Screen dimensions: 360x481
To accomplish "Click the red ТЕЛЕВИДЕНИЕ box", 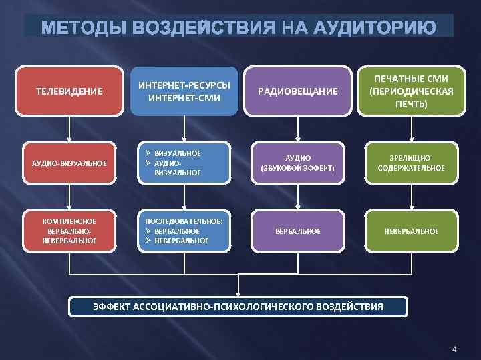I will [x=69, y=91].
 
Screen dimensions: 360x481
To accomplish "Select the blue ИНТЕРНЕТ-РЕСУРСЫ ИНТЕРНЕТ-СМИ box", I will [x=184, y=91].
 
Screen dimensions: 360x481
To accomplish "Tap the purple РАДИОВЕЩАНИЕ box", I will [x=298, y=91].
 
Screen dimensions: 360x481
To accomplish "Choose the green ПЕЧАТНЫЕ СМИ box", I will [x=412, y=91].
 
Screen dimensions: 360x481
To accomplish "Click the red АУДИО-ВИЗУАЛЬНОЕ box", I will [x=69, y=163].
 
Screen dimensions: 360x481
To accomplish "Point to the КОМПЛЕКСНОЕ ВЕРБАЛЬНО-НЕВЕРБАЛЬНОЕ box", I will [x=69, y=231].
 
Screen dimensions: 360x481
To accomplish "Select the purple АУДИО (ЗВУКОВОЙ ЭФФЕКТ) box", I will [x=298, y=163].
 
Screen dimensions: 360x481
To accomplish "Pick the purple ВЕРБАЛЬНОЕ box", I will [x=298, y=231].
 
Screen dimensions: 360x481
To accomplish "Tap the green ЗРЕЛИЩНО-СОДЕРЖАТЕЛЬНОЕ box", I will [x=412, y=163].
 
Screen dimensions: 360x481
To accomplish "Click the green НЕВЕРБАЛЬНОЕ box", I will [x=412, y=231].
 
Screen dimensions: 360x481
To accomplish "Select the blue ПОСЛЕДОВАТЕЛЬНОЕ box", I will [x=184, y=231].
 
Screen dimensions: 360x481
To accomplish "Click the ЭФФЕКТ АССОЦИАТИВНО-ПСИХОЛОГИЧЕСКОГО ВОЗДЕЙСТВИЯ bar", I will [x=238, y=307].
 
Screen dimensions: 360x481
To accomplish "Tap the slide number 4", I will [x=454, y=349].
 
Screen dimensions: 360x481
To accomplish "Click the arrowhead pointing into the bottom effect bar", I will [x=238, y=291].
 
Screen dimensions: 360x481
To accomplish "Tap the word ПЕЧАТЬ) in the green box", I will [x=412, y=104].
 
